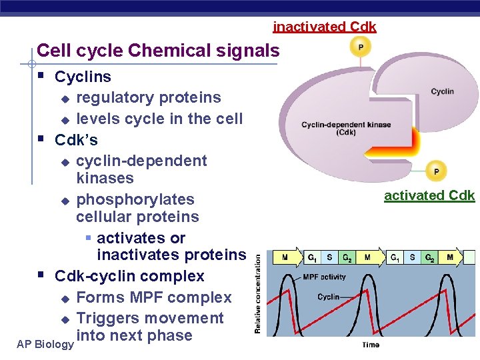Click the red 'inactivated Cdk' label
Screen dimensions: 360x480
[x=325, y=27]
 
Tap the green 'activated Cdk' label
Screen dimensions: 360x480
[x=429, y=195]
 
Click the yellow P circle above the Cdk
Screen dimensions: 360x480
[x=361, y=47]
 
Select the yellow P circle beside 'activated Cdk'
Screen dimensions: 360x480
[x=436, y=171]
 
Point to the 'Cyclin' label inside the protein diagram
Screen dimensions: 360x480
[x=442, y=91]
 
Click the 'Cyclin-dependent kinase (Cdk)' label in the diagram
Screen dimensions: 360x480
[x=346, y=128]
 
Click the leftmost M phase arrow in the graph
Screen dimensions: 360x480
[x=284, y=257]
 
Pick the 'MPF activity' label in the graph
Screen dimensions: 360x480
[x=324, y=276]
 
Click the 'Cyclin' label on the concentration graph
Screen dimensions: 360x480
[x=329, y=297]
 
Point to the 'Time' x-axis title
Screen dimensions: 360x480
[x=371, y=345]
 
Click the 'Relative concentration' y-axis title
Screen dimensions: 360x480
[x=257, y=296]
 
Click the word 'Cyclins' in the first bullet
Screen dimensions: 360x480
[x=83, y=77]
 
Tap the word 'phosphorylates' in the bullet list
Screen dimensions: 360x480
[x=135, y=199]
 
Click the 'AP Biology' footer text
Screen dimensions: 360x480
[x=45, y=344]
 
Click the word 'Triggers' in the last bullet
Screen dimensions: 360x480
[x=109, y=319]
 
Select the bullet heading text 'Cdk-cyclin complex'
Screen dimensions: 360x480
[x=129, y=276]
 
